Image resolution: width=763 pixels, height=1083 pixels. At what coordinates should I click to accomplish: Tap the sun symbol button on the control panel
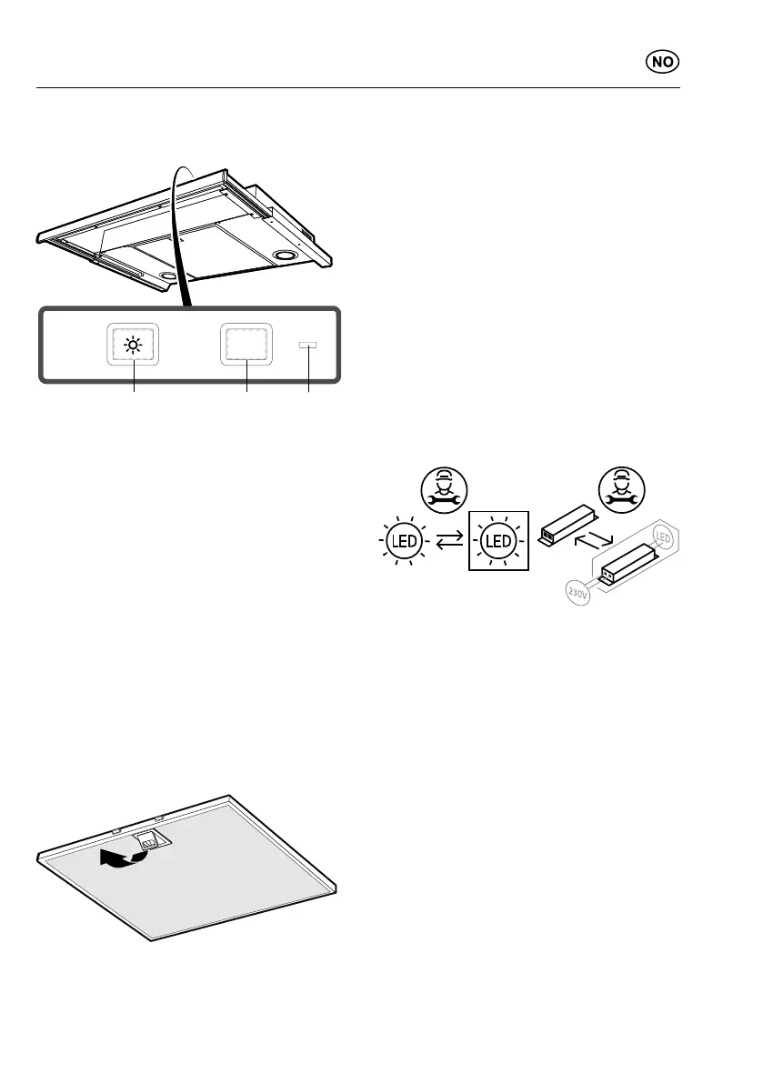pos(135,346)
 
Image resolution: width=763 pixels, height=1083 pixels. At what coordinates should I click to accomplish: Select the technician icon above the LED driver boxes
pos(625,491)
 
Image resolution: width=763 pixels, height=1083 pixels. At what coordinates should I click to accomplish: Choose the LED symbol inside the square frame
pos(498,543)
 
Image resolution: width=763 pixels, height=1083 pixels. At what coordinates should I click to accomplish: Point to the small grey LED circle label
pos(663,539)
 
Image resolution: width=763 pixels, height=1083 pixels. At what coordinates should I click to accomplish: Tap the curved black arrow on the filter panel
pos(118,857)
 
